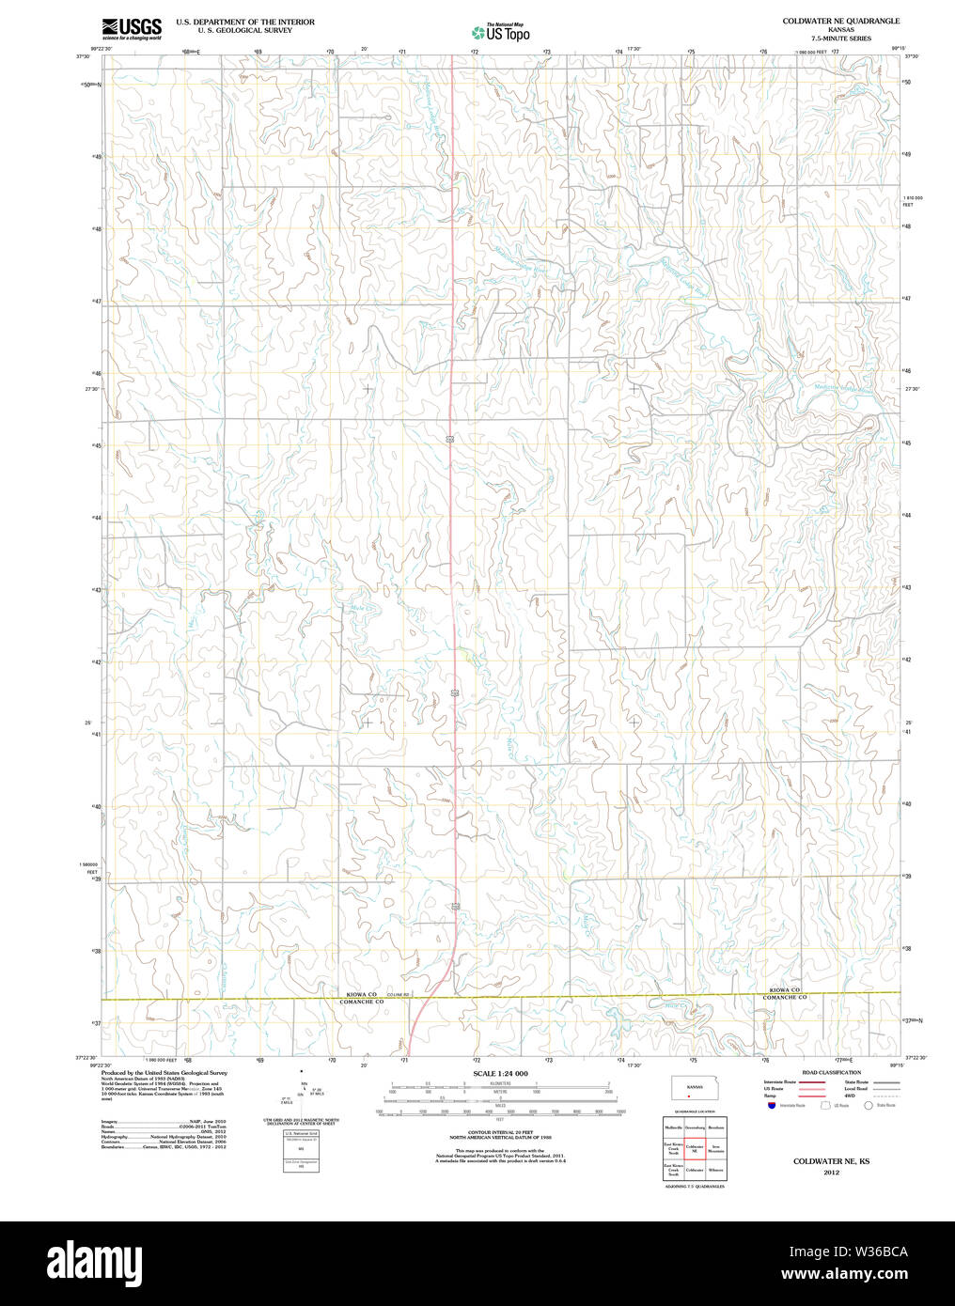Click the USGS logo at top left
pyautogui.click(x=132, y=28)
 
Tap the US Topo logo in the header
pyautogui.click(x=501, y=32)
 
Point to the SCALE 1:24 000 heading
pyautogui.click(x=500, y=1074)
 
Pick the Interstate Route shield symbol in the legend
pyautogui.click(x=771, y=1106)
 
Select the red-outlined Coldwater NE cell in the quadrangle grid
pyautogui.click(x=695, y=1148)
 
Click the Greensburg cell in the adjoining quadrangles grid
pyautogui.click(x=695, y=1126)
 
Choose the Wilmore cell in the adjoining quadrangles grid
pyautogui.click(x=716, y=1171)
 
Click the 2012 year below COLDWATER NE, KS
pyautogui.click(x=831, y=1173)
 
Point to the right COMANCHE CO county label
pyautogui.click(x=784, y=998)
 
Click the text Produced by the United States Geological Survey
pyautogui.click(x=164, y=1072)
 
